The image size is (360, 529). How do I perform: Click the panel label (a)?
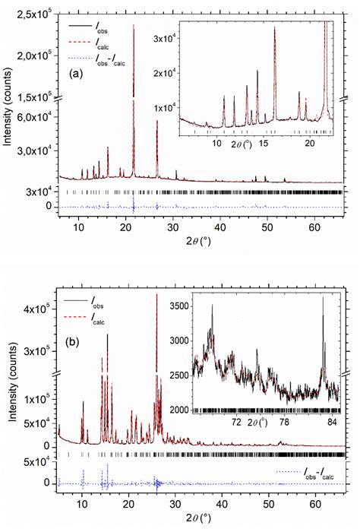pos(74,74)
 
